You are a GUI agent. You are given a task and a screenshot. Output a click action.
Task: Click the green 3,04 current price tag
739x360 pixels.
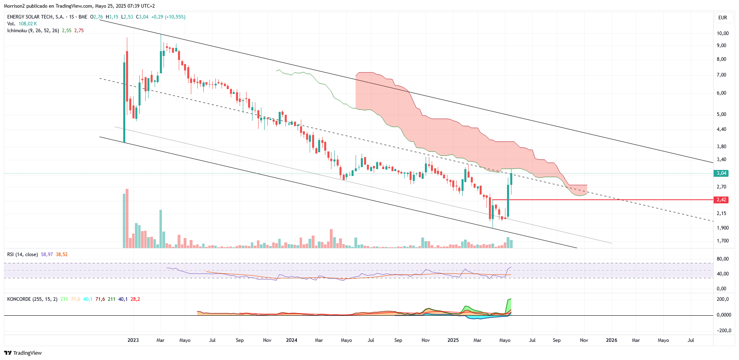721,173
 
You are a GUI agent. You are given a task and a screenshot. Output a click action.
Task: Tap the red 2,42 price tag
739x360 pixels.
721,200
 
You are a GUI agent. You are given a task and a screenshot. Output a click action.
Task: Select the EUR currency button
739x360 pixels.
722,18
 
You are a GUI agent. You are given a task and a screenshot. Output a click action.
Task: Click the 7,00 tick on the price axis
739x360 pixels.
721,75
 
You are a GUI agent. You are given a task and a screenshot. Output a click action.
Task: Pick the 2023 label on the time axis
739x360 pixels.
133,340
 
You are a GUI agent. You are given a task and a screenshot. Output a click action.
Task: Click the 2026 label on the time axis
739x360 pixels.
611,340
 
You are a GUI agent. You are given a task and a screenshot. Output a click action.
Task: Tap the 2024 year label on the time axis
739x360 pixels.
292,340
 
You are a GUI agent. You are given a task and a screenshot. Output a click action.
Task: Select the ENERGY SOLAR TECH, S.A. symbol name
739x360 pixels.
35,17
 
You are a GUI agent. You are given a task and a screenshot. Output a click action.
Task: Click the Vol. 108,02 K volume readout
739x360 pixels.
22,24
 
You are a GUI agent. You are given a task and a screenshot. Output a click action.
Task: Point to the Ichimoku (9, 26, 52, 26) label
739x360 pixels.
33,31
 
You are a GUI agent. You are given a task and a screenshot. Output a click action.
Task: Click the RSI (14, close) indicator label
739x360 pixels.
23,254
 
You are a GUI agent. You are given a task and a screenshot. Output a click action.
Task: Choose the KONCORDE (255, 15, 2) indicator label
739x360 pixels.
32,299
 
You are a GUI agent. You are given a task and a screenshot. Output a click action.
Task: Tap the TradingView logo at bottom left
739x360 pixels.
23,353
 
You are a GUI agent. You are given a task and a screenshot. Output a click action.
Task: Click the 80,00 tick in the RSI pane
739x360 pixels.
722,259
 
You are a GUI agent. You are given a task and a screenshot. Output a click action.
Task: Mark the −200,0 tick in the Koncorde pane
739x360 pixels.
722,331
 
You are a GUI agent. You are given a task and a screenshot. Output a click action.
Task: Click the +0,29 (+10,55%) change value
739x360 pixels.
168,17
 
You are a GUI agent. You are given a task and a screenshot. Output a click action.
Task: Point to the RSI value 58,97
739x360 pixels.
47,254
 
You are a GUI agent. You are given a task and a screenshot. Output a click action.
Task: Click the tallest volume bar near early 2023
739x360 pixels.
127,218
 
